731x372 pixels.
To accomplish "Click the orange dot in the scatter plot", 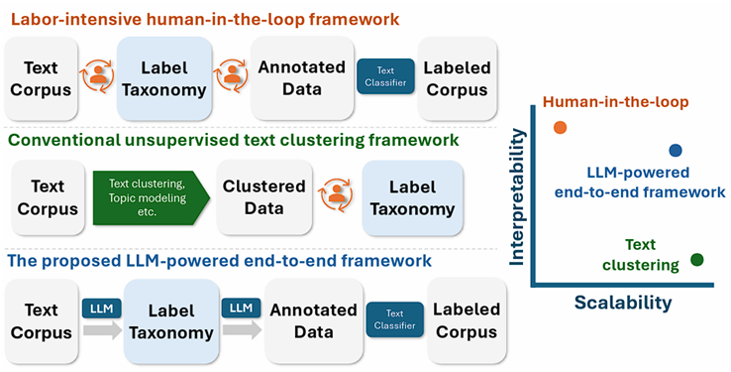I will click(x=560, y=127).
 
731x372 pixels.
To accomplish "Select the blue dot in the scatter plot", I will click(x=676, y=151).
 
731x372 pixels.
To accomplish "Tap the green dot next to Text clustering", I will click(x=696, y=260).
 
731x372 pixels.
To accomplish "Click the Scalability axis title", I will click(x=623, y=303).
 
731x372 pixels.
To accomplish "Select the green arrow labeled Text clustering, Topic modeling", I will click(x=144, y=196).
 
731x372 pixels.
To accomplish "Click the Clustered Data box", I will click(x=264, y=196).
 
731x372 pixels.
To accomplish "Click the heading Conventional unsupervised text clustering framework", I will click(x=234, y=140).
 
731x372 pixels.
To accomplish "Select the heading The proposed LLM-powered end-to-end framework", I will click(x=221, y=261).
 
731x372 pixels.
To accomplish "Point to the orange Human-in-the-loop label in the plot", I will click(x=615, y=101).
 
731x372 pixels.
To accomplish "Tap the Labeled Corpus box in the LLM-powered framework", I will click(x=467, y=320).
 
